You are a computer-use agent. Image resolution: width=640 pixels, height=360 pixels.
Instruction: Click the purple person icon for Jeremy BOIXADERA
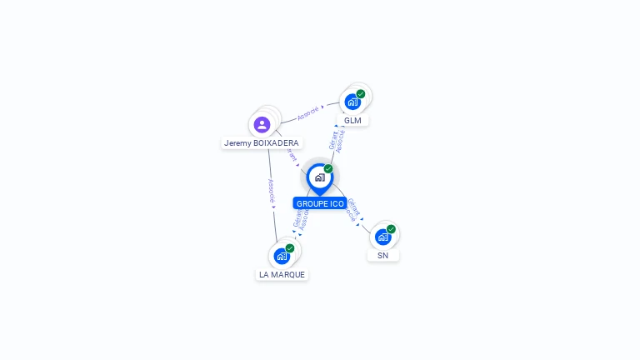262,125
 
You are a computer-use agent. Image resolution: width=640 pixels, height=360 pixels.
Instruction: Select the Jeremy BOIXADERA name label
262,143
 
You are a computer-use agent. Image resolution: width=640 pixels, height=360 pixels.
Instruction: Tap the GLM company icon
352,102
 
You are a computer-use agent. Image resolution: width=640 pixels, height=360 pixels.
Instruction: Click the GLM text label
353,120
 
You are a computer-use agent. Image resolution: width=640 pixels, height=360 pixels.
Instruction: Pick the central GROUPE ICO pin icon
319,177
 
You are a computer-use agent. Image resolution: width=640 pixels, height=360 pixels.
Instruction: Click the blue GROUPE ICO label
320,203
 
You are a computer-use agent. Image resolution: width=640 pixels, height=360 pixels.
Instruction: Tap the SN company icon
382,237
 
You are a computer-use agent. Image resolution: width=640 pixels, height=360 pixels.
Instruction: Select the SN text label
382,255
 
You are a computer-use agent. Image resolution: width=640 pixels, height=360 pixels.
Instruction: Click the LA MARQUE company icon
282,256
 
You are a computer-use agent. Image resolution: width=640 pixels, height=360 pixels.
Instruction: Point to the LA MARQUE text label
282,274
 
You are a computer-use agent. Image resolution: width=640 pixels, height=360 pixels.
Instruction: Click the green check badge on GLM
361,94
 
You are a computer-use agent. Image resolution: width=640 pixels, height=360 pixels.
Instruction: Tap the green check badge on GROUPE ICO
328,169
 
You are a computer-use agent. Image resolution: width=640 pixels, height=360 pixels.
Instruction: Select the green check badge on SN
391,229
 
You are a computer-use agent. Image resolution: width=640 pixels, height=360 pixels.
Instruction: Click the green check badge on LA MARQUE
290,248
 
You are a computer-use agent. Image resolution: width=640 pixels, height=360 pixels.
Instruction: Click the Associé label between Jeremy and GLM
308,112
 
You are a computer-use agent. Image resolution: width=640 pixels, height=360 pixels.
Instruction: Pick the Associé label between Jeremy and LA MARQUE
272,191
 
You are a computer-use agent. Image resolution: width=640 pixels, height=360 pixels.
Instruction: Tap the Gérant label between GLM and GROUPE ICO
332,140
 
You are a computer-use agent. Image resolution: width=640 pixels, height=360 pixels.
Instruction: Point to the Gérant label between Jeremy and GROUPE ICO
291,155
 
